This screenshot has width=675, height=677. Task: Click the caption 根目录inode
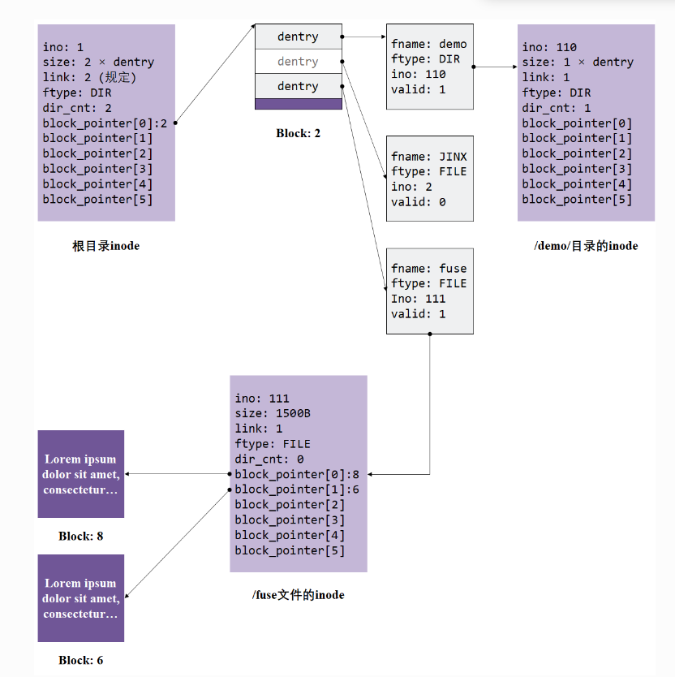pos(105,246)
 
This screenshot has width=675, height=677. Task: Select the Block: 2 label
pos(298,132)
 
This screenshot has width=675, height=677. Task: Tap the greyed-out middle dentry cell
pos(298,62)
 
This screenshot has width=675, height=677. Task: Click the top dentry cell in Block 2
pos(298,37)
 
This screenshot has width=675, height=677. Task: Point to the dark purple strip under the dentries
pos(298,104)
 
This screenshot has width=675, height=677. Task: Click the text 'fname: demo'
pos(428,44)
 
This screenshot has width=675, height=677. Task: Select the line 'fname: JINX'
pos(428,157)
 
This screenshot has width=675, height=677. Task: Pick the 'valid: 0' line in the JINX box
pos(418,202)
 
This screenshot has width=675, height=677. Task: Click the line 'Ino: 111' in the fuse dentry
pos(418,299)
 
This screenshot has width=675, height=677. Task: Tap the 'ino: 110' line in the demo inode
pos(549,47)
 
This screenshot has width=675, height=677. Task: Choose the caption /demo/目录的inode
pos(586,246)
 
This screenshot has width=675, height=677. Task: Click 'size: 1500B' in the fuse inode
pos(273,413)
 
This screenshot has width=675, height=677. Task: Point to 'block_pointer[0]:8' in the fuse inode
pos(296,474)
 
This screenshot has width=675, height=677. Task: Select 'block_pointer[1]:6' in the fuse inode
pos(296,489)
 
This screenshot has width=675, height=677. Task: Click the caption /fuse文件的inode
pos(298,595)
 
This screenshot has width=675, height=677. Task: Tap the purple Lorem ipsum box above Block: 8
pos(80,474)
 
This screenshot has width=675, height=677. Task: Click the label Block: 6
pos(80,660)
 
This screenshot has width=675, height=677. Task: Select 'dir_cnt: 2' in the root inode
pos(77,108)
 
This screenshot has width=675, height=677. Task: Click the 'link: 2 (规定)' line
pos(89,78)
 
